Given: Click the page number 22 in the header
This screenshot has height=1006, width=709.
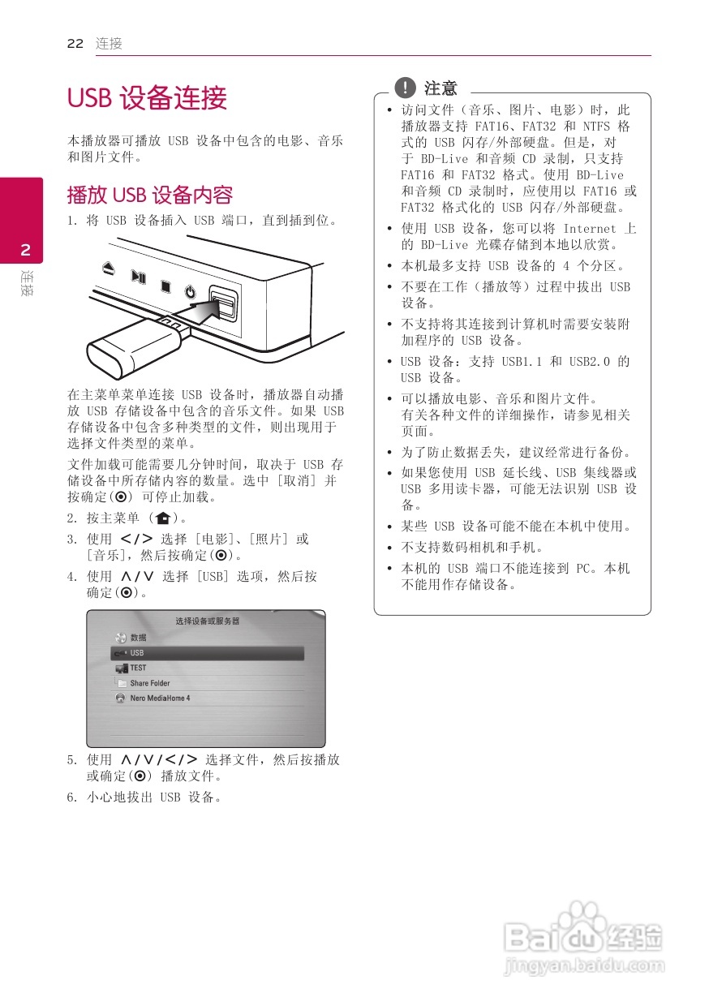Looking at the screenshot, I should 75,44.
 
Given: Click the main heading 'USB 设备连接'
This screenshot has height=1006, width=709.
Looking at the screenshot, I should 147,99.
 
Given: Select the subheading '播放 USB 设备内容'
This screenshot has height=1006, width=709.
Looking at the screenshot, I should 150,195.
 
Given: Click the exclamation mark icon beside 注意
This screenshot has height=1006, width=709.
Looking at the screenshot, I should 403,88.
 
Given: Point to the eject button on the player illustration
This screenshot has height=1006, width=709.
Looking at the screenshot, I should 109,268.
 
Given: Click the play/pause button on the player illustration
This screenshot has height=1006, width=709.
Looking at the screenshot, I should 139,277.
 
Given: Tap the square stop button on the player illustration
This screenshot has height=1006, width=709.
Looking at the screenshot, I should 165,286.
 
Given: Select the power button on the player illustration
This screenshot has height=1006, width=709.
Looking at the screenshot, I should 190,293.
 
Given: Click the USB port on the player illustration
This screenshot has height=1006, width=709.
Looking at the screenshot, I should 221,306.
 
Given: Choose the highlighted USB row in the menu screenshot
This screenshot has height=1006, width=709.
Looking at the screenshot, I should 207,653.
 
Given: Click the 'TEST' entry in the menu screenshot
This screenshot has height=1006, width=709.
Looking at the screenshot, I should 138,668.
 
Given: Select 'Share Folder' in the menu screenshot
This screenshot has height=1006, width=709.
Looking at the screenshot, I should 150,683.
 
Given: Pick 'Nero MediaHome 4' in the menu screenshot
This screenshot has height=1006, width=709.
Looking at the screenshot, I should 160,698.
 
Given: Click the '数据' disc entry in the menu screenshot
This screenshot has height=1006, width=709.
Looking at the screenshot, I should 138,638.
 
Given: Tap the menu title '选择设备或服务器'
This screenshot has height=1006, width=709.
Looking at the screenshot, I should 207,621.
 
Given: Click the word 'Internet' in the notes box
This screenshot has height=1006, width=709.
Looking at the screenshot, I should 590,229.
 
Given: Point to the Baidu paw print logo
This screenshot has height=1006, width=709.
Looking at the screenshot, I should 587,926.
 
